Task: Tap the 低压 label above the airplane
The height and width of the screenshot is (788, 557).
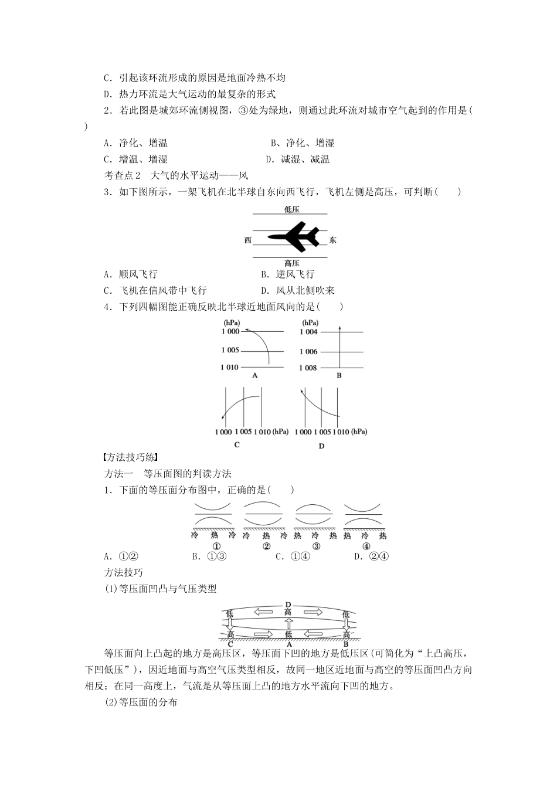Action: (291, 209)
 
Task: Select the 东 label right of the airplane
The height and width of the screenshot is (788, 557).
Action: (333, 240)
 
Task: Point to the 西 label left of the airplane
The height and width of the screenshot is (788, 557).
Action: (248, 240)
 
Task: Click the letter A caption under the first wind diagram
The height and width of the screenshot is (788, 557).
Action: (254, 376)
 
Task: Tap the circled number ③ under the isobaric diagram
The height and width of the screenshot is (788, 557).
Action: (316, 546)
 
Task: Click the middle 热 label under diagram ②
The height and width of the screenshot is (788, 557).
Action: (266, 536)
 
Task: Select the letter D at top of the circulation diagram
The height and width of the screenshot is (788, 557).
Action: (288, 604)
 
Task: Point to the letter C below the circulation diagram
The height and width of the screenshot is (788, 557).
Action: (230, 644)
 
